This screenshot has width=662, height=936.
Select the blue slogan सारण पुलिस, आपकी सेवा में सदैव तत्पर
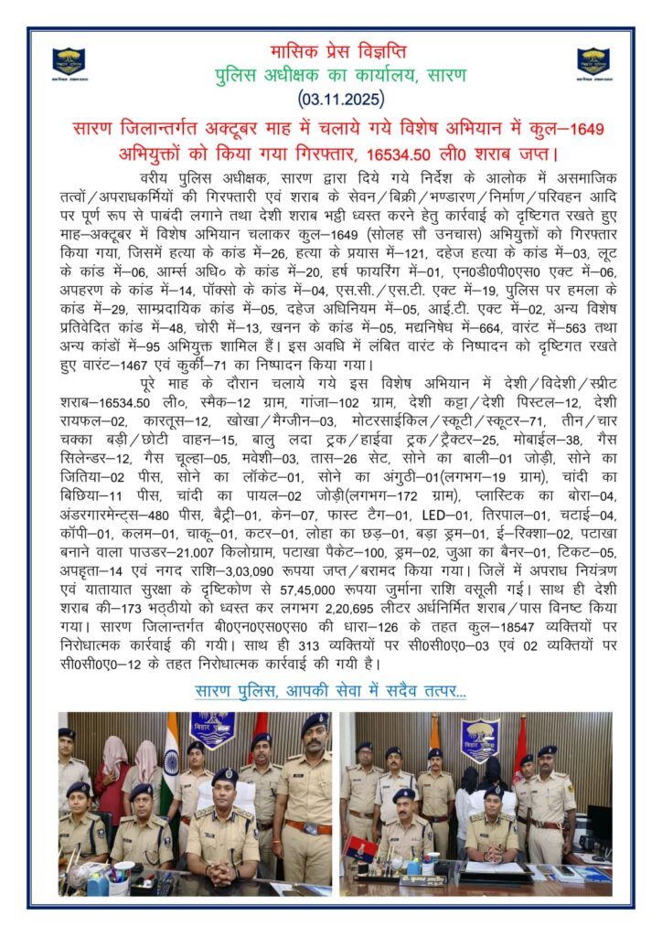330,690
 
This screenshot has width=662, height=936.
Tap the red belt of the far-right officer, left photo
308,826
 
